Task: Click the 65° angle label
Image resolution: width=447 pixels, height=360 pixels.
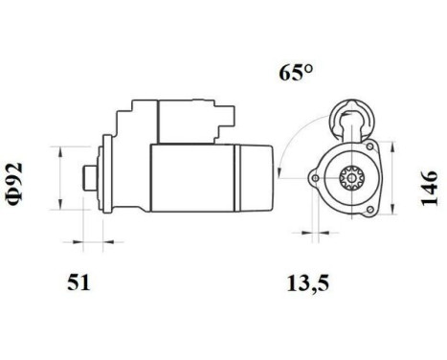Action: [x=297, y=73]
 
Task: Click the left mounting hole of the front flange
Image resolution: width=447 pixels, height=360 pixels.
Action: [x=314, y=179]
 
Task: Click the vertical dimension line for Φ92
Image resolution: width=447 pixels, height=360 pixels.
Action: [x=62, y=178]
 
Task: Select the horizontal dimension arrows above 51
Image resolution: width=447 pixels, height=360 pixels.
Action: [x=83, y=234]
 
